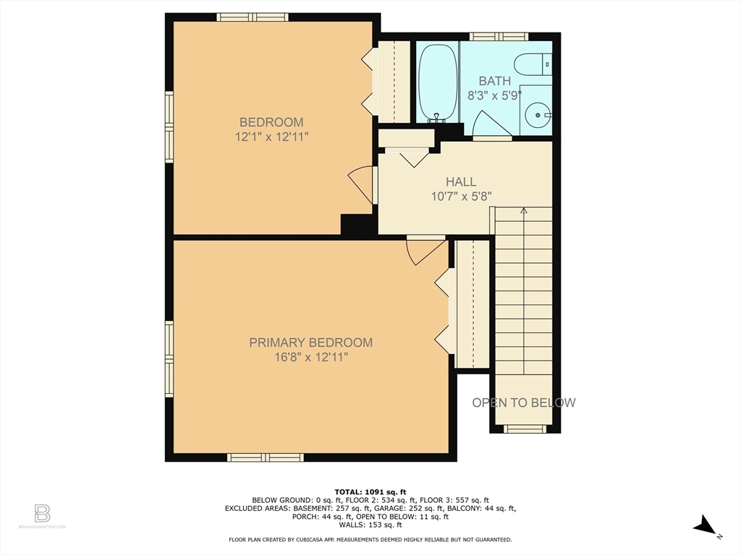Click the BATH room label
pyautogui.click(x=494, y=81)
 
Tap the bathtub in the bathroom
pyautogui.click(x=437, y=83)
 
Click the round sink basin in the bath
pyautogui.click(x=537, y=113)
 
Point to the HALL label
pyautogui.click(x=461, y=182)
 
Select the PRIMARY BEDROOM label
pyautogui.click(x=310, y=343)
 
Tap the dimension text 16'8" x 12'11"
pyautogui.click(x=310, y=357)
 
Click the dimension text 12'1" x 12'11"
pyautogui.click(x=271, y=137)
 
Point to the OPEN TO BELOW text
pyautogui.click(x=524, y=403)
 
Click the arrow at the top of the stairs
pyautogui.click(x=523, y=211)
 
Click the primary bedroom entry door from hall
pyautogui.click(x=423, y=250)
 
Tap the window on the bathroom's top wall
pyautogui.click(x=499, y=36)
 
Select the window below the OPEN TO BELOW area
pyautogui.click(x=525, y=429)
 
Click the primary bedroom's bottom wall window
pyautogui.click(x=265, y=457)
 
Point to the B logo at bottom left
pyautogui.click(x=42, y=514)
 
